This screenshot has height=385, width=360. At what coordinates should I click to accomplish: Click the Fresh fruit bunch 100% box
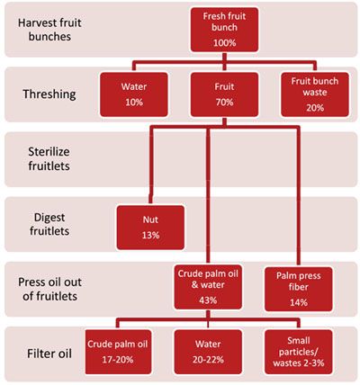pyautogui.click(x=224, y=30)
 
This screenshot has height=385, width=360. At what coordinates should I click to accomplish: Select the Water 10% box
pyautogui.click(x=134, y=94)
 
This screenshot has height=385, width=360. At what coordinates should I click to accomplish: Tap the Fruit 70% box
pyautogui.click(x=224, y=94)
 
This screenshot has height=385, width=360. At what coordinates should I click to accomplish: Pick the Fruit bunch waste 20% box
pyautogui.click(x=315, y=94)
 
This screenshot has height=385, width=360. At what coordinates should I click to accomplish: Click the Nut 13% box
pyautogui.click(x=150, y=228)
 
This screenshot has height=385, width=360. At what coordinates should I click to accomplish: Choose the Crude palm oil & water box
pyautogui.click(x=208, y=288)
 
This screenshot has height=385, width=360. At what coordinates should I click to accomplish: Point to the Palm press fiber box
pyautogui.click(x=299, y=290)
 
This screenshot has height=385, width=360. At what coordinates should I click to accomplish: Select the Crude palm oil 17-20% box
pyautogui.click(x=118, y=352)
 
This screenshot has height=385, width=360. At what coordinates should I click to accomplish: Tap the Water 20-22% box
pyautogui.click(x=208, y=352)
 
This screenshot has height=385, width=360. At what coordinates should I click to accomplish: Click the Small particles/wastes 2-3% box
pyautogui.click(x=299, y=352)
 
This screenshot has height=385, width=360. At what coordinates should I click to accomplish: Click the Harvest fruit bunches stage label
pyautogui.click(x=49, y=30)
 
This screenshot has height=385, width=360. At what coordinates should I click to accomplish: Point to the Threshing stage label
pyautogui.click(x=49, y=94)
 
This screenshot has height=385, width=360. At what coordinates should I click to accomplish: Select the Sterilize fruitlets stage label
pyautogui.click(x=49, y=159)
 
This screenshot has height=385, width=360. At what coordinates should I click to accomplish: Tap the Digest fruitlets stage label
pyautogui.click(x=49, y=224)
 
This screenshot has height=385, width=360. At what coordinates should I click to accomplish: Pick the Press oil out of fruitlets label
pyautogui.click(x=49, y=289)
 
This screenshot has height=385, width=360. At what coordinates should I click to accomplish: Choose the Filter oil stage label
pyautogui.click(x=49, y=354)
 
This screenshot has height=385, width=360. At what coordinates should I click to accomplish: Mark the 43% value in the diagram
pyautogui.click(x=208, y=300)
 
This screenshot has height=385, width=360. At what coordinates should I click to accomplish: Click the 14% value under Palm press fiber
pyautogui.click(x=299, y=302)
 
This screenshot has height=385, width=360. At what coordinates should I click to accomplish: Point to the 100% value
pyautogui.click(x=224, y=43)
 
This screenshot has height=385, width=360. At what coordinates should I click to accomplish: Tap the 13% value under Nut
pyautogui.click(x=150, y=235)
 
